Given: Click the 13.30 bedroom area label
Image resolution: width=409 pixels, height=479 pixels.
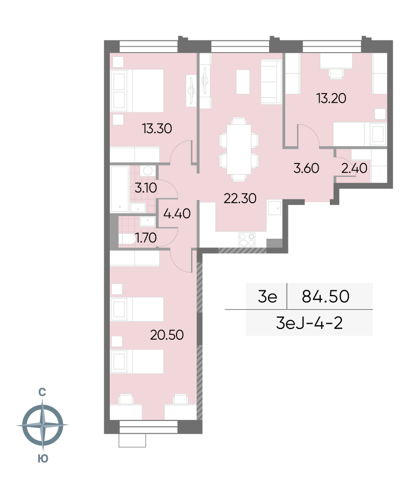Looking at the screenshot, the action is pyautogui.click(x=157, y=128).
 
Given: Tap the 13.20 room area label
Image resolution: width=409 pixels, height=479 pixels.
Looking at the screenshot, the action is pyautogui.click(x=332, y=98).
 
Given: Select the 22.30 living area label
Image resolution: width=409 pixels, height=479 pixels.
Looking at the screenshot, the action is pyautogui.click(x=240, y=198).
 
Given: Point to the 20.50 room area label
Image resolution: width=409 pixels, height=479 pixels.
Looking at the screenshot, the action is pyautogui.click(x=167, y=335).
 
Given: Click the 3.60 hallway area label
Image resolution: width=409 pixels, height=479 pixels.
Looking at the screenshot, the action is pyautogui.click(x=306, y=168).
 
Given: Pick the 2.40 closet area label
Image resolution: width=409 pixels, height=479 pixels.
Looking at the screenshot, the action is pyautogui.click(x=354, y=168).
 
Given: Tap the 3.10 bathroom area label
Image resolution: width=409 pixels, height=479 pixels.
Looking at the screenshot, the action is pyautogui.click(x=146, y=188).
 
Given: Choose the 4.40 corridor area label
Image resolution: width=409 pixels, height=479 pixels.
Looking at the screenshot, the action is pyautogui.click(x=177, y=213).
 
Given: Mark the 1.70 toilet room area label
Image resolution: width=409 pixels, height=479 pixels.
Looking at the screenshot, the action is pyautogui.click(x=146, y=238).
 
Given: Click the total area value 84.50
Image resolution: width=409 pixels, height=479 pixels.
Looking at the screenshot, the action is pyautogui.click(x=326, y=296).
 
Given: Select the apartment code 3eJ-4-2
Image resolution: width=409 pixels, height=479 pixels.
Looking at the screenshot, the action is pyautogui.click(x=309, y=323).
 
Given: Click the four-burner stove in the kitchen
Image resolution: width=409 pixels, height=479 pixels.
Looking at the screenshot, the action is pyautogui.click(x=247, y=240).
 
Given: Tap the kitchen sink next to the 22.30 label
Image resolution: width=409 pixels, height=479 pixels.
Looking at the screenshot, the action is pyautogui.click(x=274, y=208).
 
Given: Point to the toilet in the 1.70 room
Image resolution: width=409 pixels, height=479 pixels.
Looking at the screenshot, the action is pyautogui.click(x=127, y=239).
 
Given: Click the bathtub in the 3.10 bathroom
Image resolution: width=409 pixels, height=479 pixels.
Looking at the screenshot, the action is pyautogui.click(x=119, y=189).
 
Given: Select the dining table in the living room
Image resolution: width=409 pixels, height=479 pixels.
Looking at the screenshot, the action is pyautogui.click(x=239, y=149).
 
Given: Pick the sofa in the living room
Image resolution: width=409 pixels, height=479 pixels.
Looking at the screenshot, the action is pyautogui.click(x=271, y=82).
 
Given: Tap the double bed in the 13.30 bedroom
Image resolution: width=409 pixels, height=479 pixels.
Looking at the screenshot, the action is pyautogui.click(x=137, y=90).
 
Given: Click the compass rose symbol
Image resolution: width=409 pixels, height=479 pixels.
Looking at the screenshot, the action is pyautogui.click(x=43, y=425).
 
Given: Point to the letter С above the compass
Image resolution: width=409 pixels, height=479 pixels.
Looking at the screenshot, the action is pyautogui.click(x=42, y=392).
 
